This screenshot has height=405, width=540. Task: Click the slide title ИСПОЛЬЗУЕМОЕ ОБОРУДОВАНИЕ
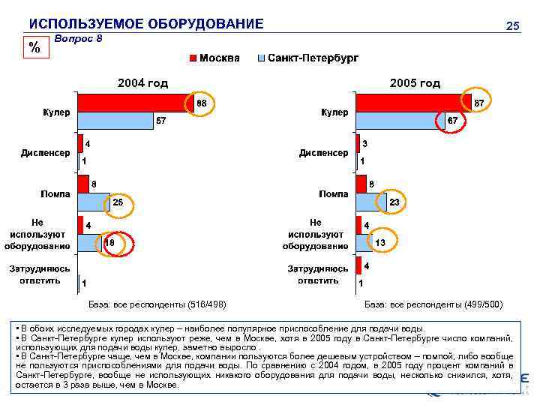point(145,24)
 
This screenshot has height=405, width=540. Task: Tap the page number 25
point(512,26)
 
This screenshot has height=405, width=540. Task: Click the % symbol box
point(34,47)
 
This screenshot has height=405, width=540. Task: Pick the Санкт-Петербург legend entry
point(307,58)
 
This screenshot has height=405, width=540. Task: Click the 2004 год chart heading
point(141,82)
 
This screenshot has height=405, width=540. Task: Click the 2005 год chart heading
point(415,82)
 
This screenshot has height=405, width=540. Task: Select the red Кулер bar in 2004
point(135,103)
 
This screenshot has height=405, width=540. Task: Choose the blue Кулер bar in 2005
point(397,121)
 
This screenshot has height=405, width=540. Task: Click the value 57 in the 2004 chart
point(160,121)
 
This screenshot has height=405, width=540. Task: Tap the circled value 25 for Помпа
point(118,202)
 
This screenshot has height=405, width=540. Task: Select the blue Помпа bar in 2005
point(371,202)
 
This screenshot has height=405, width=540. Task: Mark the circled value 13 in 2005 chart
point(381,242)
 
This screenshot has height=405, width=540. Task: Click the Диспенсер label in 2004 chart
point(45,152)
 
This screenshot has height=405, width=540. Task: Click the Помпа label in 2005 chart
point(333,193)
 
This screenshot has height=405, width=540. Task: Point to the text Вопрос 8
point(79,39)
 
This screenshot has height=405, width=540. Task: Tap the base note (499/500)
point(433,304)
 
